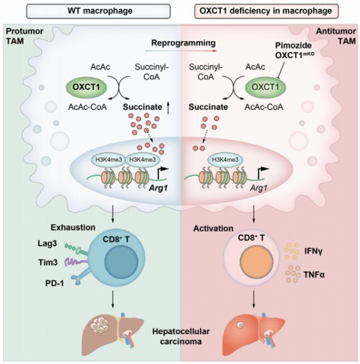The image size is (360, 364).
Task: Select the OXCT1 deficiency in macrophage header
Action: [x=269, y=11]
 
